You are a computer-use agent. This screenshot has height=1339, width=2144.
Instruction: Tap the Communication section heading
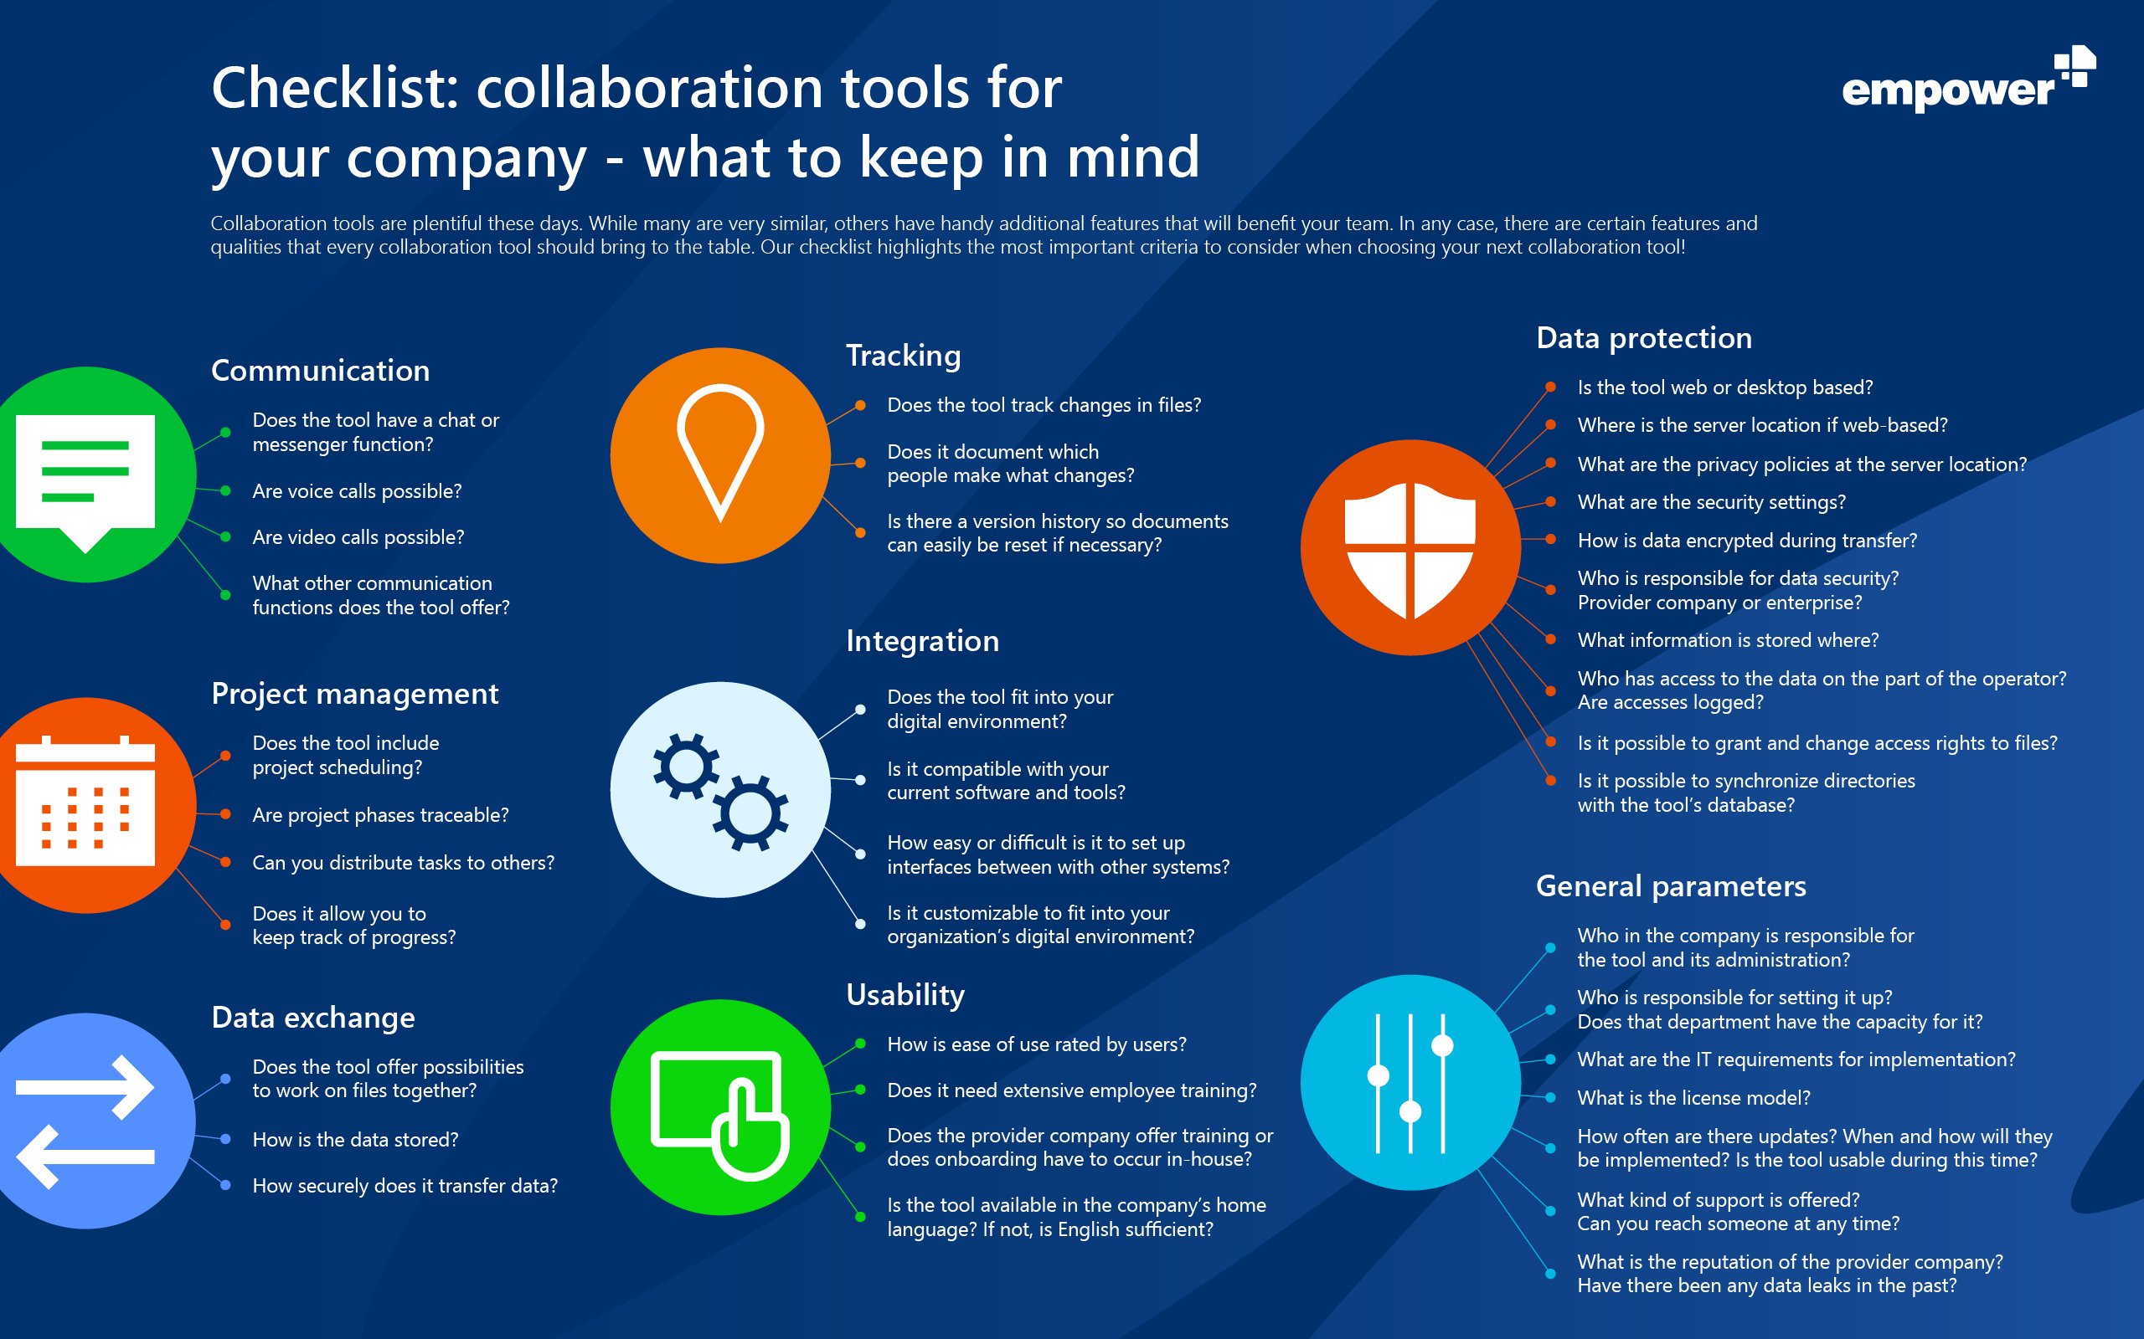pyautogui.click(x=320, y=370)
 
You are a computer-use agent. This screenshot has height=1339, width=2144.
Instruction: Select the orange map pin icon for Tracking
pyautogui.click(x=720, y=454)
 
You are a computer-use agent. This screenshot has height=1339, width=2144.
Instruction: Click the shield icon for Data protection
pyautogui.click(x=1410, y=548)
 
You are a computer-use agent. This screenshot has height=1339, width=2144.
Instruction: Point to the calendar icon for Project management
pyautogui.click(x=85, y=803)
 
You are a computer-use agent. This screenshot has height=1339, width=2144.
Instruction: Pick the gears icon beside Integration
pyautogui.click(x=720, y=790)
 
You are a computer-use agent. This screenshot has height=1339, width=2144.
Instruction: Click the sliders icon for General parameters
pyautogui.click(x=1410, y=1082)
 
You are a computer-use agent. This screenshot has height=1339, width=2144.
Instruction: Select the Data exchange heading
pyautogui.click(x=312, y=1018)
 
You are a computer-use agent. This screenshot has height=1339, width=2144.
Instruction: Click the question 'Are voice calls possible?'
pyautogui.click(x=356, y=490)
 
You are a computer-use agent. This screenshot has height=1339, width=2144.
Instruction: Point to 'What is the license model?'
pyautogui.click(x=1693, y=1098)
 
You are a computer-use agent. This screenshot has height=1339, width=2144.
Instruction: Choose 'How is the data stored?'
pyautogui.click(x=355, y=1140)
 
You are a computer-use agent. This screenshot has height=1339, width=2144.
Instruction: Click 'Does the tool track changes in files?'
pyautogui.click(x=1044, y=405)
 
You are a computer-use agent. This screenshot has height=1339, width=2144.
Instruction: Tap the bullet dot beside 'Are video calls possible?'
pyautogui.click(x=226, y=537)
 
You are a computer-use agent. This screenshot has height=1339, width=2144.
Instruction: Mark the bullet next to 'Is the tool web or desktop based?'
pyautogui.click(x=1550, y=387)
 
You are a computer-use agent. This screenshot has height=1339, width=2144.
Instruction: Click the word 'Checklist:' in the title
pyautogui.click(x=335, y=89)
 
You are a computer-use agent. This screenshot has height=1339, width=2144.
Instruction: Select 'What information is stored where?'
pyautogui.click(x=1728, y=640)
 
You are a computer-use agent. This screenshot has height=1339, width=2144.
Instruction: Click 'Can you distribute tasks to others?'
pyautogui.click(x=403, y=863)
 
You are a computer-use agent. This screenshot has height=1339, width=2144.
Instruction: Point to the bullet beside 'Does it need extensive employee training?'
pyautogui.click(x=860, y=1090)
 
